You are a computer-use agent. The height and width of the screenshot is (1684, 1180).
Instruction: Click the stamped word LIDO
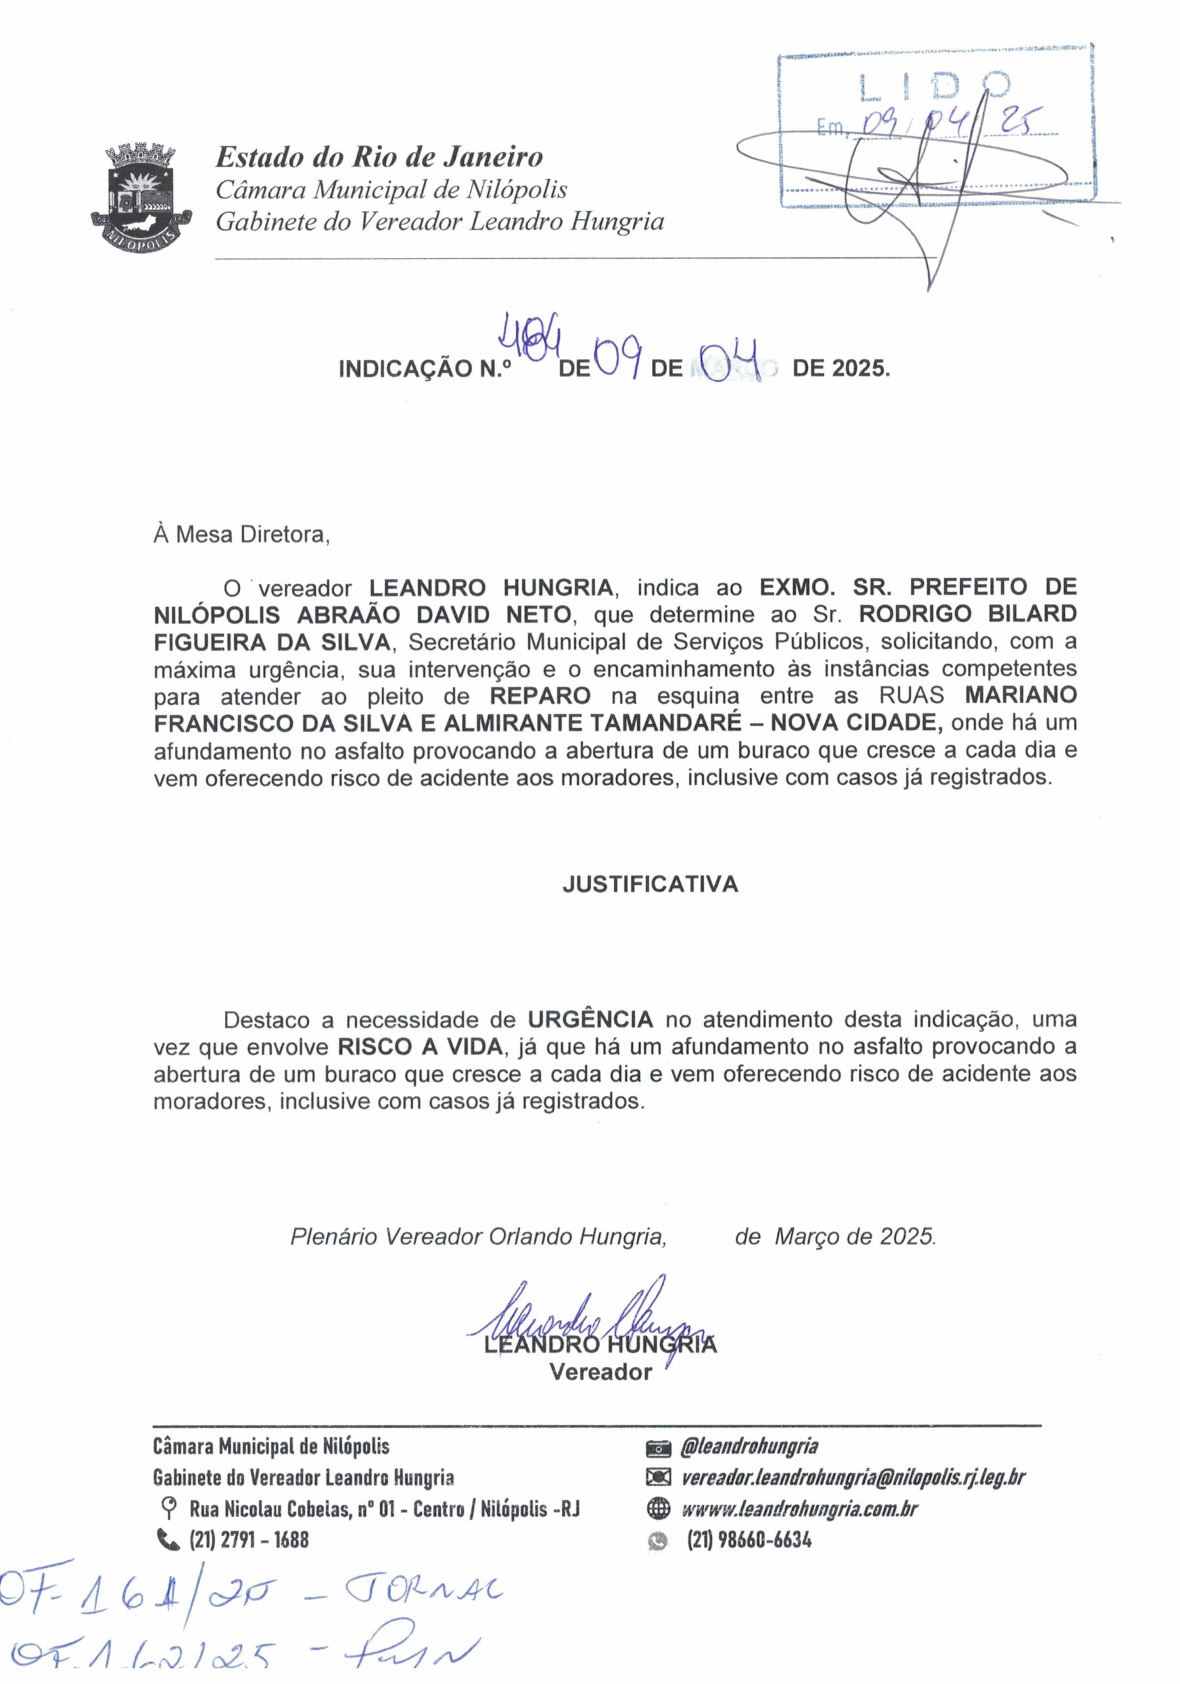pos(936,87)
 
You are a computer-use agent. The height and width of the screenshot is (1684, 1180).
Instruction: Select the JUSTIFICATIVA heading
pos(650,885)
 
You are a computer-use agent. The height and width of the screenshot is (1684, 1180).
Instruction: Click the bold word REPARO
pos(541,695)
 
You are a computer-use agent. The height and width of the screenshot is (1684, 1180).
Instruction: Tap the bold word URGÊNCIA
pos(591,1020)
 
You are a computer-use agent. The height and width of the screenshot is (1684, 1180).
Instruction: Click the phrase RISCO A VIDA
pos(421,1047)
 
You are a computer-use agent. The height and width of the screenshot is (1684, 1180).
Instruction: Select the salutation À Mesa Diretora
pos(242,535)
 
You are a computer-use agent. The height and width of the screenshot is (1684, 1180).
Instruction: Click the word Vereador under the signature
pos(601,1372)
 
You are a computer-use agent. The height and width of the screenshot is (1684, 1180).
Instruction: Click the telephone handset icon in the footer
pos(168,1541)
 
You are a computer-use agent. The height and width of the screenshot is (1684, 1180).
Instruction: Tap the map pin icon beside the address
pos(168,1510)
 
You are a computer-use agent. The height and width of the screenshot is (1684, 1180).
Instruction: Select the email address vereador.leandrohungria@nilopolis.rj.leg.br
pos(853,1477)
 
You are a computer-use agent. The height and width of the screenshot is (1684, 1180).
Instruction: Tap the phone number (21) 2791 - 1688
pos(249,1541)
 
